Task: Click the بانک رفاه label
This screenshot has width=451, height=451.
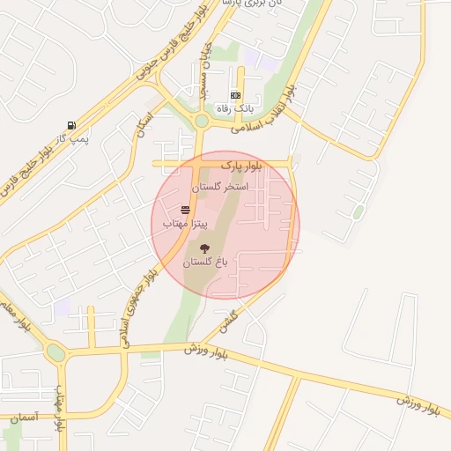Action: coord(235,107)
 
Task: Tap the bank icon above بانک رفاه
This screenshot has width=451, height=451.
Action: coord(235,94)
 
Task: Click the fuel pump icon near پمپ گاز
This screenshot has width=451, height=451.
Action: coord(70,125)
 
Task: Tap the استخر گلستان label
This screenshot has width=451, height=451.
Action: coord(220,188)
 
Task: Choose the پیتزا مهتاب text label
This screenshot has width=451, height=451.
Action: coord(185,225)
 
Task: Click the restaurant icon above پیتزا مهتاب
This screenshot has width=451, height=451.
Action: coord(186,210)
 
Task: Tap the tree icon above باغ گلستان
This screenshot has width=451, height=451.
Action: coord(205,249)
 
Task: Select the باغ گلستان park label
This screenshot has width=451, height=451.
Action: coord(205,262)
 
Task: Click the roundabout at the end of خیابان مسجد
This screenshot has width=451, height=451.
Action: coord(202,121)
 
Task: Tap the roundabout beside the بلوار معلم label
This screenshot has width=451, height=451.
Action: coord(55,353)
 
